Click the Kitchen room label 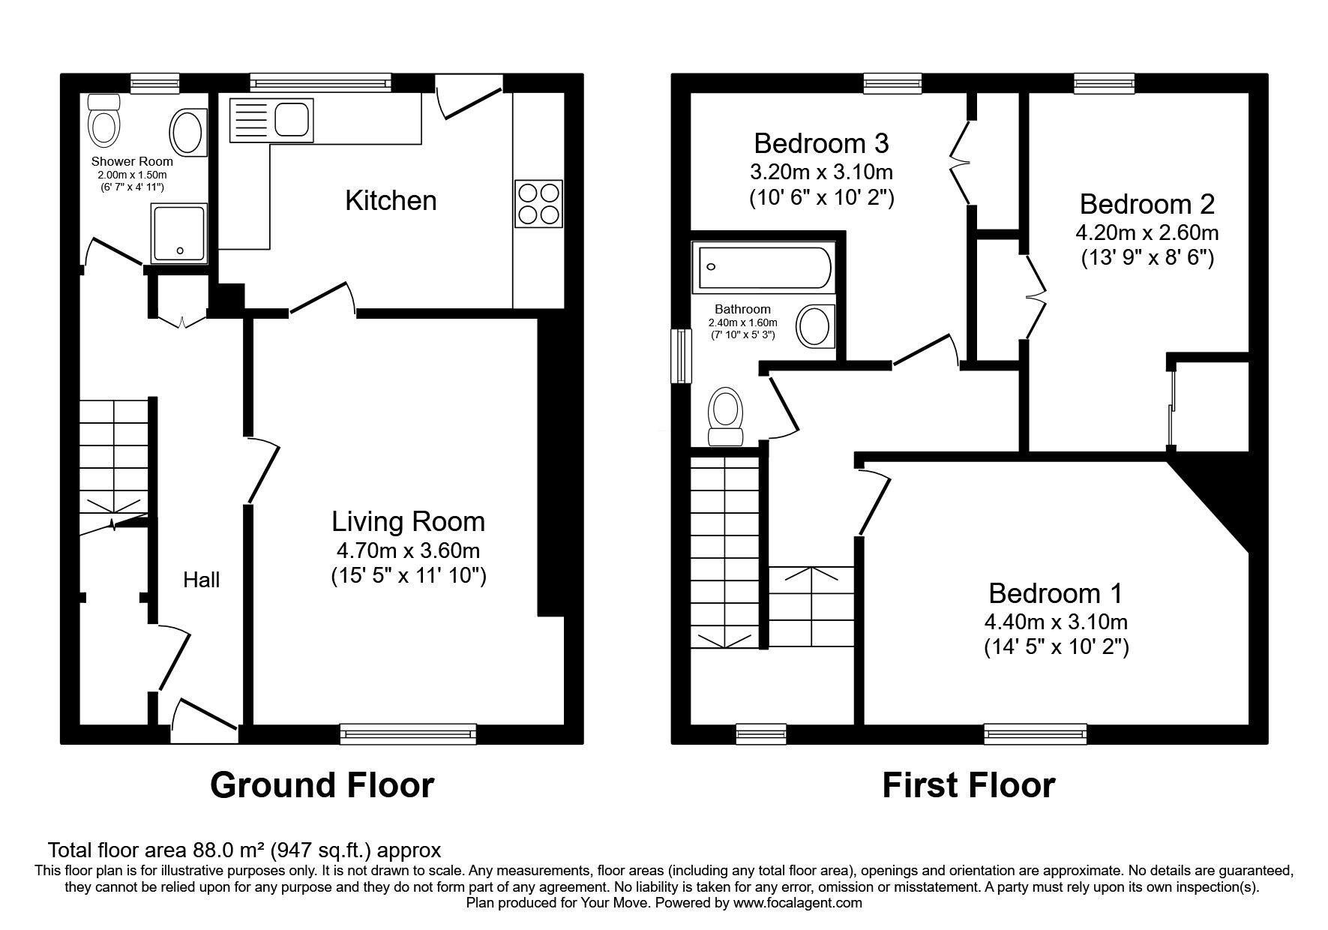click(x=391, y=200)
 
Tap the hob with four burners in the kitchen click(x=539, y=202)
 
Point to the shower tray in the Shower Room click(x=178, y=232)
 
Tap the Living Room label click(x=408, y=521)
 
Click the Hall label click(x=202, y=580)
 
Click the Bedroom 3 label click(x=821, y=142)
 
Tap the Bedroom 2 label click(x=1147, y=204)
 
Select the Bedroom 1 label click(x=1056, y=593)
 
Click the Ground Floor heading click(x=322, y=785)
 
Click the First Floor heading click(x=968, y=785)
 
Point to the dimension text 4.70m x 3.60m click(x=408, y=551)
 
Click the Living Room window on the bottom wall click(x=408, y=733)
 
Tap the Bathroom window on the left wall click(x=681, y=356)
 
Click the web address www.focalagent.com click(x=798, y=903)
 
